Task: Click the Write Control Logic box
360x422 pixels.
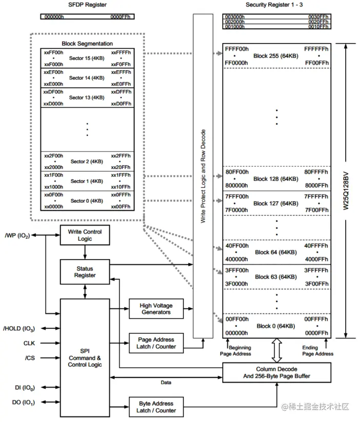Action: [x=85, y=235]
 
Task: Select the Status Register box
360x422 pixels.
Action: [x=85, y=271]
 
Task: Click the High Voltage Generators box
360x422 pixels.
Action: [x=156, y=309]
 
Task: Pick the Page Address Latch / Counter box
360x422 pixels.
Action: [x=156, y=343]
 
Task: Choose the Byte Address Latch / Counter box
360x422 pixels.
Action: [x=156, y=407]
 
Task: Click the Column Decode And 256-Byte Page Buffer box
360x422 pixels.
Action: [x=277, y=372]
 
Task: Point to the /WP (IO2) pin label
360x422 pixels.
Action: [x=17, y=236]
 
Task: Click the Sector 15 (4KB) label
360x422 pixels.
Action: [x=87, y=58]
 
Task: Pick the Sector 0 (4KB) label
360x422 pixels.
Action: [x=87, y=200]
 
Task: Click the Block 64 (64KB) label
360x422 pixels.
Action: [x=276, y=251]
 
